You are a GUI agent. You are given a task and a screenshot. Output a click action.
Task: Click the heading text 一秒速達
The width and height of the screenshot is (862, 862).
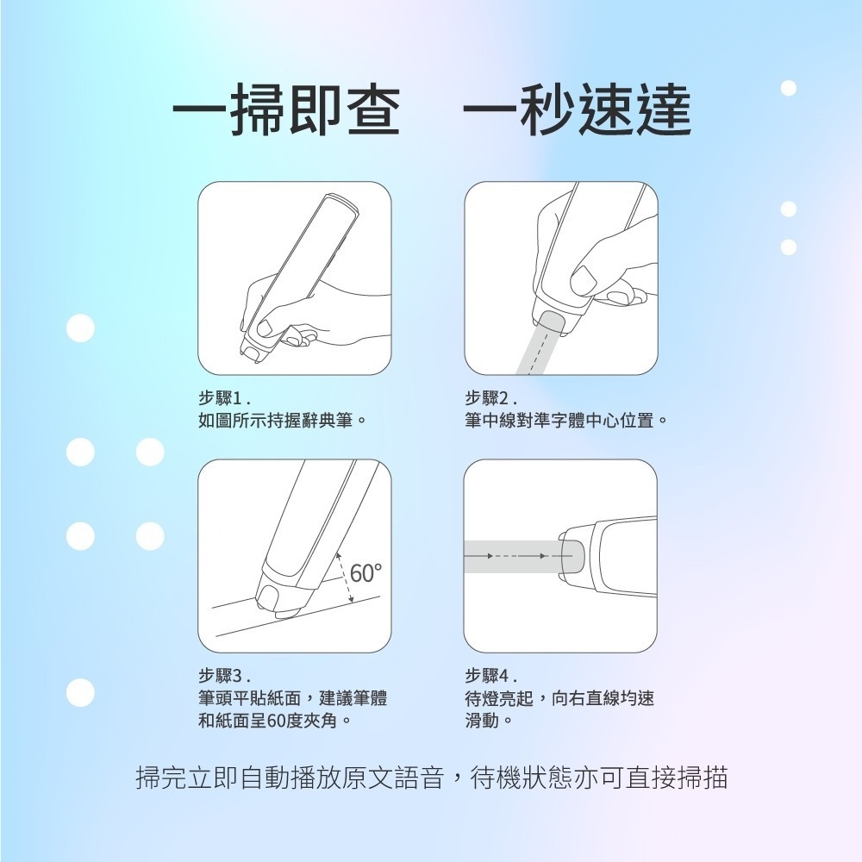point(577,111)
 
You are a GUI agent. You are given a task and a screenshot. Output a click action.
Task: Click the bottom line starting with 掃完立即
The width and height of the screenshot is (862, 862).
point(432,778)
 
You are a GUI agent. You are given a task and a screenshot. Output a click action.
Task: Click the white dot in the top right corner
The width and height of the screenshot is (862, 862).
point(788,88)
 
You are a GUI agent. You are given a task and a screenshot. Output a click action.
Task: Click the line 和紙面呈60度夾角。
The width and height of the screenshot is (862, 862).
point(275,720)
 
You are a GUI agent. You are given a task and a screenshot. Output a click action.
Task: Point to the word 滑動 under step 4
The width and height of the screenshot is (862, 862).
point(482,720)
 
